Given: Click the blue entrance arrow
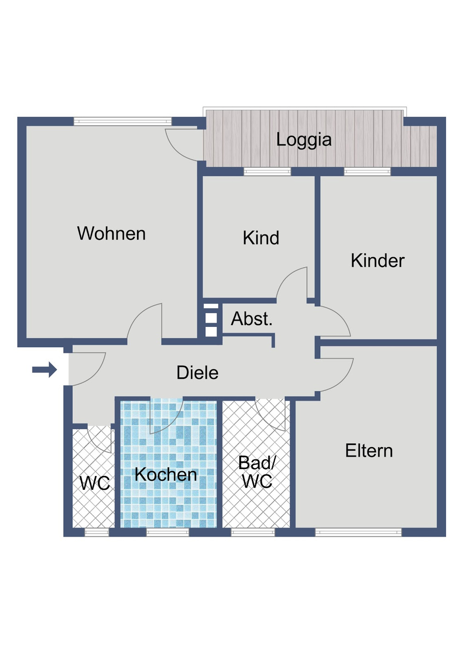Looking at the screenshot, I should point(45,370).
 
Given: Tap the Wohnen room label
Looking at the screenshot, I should point(111,234).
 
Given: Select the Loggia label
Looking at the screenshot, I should point(304,140).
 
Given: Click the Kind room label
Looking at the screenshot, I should point(261,238).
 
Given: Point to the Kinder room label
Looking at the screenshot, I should point(377,261).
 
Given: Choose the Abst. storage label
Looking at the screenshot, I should point(252,319).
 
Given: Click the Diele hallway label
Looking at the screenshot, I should point(197,372).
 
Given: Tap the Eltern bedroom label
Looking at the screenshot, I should point(369,451).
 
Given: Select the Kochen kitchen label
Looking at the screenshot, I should point(165,475).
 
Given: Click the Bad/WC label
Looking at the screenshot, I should point(257,472).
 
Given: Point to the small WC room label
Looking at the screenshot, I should point(95,483).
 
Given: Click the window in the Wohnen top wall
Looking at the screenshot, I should point(122,122).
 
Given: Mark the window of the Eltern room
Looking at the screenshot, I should point(358,533).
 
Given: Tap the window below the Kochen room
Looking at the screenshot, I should point(167,533).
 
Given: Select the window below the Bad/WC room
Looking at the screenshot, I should point(253,533).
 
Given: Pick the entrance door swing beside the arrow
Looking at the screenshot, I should point(88,369).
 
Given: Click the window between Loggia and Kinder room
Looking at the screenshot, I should point(367,172).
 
